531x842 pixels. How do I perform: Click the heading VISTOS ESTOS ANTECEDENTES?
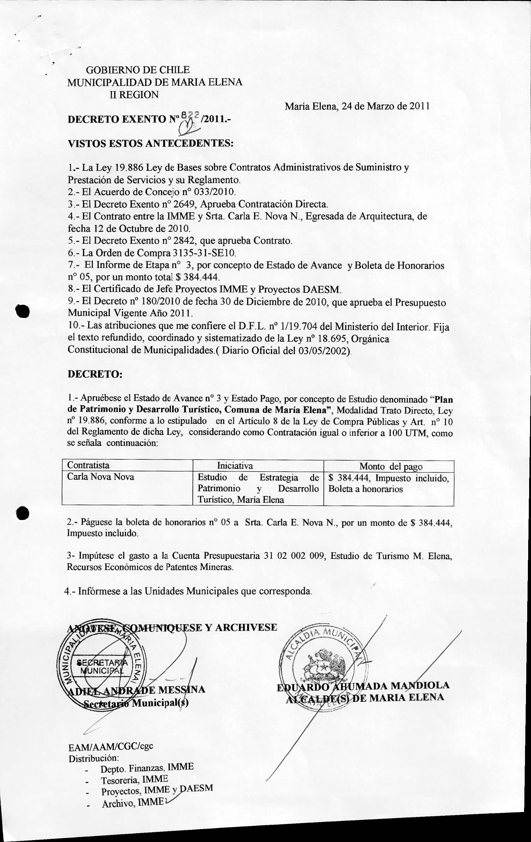coord(150,143)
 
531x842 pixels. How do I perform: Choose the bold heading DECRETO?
coord(95,374)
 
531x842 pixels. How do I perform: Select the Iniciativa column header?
coord(235,466)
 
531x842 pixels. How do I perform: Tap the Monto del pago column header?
coord(391,466)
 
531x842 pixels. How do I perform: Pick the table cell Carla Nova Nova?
coord(101,477)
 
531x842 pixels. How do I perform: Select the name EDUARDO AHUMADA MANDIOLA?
coord(363,686)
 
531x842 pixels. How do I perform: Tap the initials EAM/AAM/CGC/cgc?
coord(110,746)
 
